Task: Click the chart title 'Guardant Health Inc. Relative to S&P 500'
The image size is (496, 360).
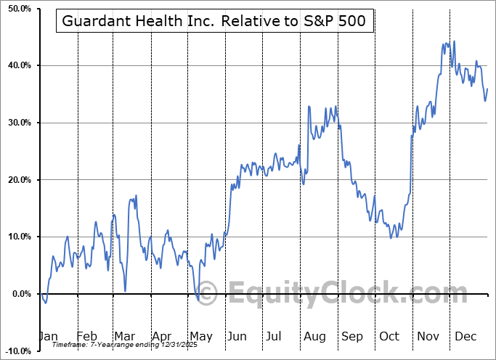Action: [214, 21]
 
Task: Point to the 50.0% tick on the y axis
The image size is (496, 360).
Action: [17, 9]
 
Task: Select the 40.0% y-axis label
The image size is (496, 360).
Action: [17, 66]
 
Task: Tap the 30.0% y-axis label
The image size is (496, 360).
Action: [17, 123]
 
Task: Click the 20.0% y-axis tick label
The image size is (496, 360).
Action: [17, 180]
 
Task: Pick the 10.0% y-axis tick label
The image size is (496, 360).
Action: [17, 237]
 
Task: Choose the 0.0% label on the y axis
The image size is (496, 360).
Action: [20, 294]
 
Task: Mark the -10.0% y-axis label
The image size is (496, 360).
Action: [16, 351]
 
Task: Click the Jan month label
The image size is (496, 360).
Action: [48, 336]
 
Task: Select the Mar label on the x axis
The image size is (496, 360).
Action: [123, 336]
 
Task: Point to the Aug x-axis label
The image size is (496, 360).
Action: [314, 336]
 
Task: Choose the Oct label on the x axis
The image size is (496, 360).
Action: [389, 336]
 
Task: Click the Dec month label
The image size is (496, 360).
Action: [465, 336]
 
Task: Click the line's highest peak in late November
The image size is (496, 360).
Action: [455, 41]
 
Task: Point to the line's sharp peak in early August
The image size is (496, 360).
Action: [309, 107]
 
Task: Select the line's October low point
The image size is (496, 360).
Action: [392, 237]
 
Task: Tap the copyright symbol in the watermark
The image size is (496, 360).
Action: [207, 294]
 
